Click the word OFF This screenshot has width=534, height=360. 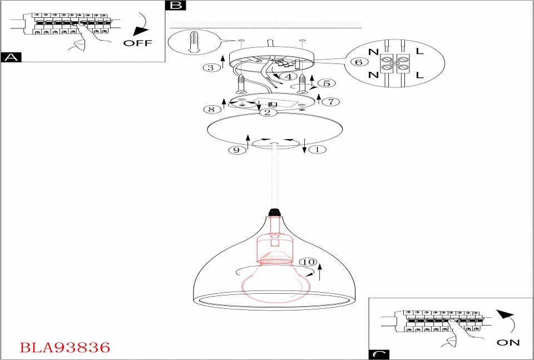pos(137,43)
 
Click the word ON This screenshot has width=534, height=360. pos(508,343)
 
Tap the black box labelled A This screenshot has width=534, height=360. pos(12,57)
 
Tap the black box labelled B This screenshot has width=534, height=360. pos(176,6)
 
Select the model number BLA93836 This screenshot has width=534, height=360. pos(65,348)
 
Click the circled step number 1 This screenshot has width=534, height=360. pos(318,149)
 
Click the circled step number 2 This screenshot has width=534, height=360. pos(268,112)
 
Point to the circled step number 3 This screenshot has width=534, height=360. pos(210,68)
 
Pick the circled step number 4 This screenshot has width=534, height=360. pos(289,76)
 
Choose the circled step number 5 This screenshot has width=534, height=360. pos(327,83)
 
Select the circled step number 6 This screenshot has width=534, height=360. pos(359,62)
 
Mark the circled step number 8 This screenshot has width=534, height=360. pos(210,109)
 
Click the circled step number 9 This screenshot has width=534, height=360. pos(236,150)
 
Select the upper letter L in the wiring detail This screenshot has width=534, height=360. pos(419,52)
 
